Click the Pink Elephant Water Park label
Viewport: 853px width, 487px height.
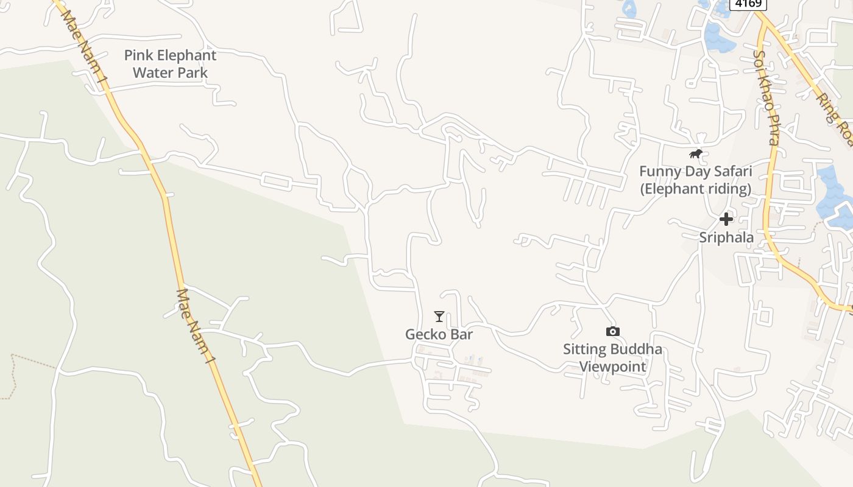(170, 64)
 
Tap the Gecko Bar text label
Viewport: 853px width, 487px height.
(439, 334)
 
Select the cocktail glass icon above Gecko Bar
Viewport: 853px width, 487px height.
(439, 317)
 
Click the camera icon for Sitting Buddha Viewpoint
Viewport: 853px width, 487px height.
(613, 331)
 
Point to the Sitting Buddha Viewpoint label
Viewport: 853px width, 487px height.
(612, 358)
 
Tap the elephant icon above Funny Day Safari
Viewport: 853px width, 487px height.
(695, 153)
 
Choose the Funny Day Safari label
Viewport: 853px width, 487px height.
(695, 180)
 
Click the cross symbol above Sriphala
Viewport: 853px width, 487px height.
(726, 219)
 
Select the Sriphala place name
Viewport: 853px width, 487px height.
(726, 237)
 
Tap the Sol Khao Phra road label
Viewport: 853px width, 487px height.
(766, 97)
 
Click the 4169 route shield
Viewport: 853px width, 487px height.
(748, 4)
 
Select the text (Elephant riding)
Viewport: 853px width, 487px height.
(695, 189)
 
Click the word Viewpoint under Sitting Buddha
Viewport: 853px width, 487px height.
(612, 366)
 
